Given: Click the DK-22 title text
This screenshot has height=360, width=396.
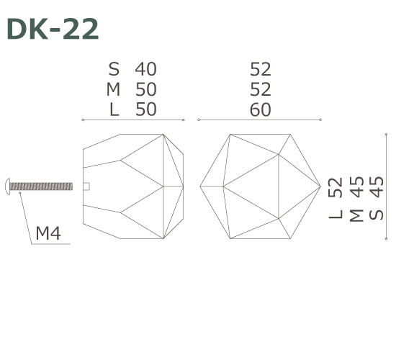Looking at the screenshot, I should (x=52, y=30).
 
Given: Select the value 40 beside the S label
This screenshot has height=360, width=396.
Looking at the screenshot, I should (x=145, y=69).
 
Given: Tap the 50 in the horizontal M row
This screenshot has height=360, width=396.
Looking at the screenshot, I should (x=145, y=89).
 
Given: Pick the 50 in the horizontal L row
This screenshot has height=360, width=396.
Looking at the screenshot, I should (x=145, y=109).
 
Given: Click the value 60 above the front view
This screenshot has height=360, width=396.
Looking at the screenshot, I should (x=260, y=109).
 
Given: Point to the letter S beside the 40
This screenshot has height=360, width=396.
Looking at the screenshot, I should (x=114, y=69).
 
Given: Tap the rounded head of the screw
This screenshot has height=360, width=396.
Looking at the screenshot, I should (x=9, y=186).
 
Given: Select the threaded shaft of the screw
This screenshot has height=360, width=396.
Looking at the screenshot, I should (x=43, y=186).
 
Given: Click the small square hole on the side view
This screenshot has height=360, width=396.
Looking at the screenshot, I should (x=86, y=186).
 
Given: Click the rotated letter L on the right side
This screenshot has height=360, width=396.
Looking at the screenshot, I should (x=336, y=214).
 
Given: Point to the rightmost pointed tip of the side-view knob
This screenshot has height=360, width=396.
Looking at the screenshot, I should (x=184, y=186).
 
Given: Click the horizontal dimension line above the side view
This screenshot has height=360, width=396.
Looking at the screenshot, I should (x=133, y=120).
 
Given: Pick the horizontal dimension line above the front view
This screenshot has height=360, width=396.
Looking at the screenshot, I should (x=259, y=120).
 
